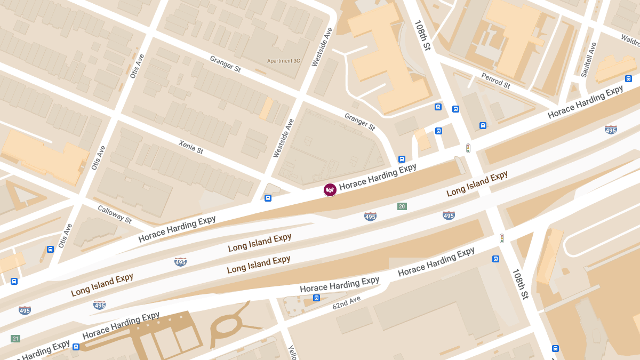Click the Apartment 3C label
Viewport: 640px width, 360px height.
click(x=284, y=61)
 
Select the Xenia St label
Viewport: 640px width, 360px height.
click(x=191, y=147)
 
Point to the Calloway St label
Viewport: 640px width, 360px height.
click(x=114, y=214)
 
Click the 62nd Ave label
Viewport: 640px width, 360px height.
click(x=347, y=302)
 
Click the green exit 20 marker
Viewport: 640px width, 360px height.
click(x=402, y=206)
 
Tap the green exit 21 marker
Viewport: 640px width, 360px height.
click(x=15, y=339)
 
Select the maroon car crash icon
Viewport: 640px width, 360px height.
click(x=330, y=190)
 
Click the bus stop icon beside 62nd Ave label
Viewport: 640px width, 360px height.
click(x=316, y=298)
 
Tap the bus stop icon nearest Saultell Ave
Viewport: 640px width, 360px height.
click(x=628, y=79)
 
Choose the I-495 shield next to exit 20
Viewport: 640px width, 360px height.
click(x=370, y=216)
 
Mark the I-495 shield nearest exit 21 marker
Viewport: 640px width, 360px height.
click(x=25, y=310)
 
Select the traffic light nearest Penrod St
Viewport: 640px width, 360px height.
click(x=468, y=148)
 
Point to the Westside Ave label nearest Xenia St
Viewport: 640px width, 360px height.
click(x=283, y=138)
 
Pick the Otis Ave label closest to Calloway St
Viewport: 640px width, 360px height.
click(x=65, y=235)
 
